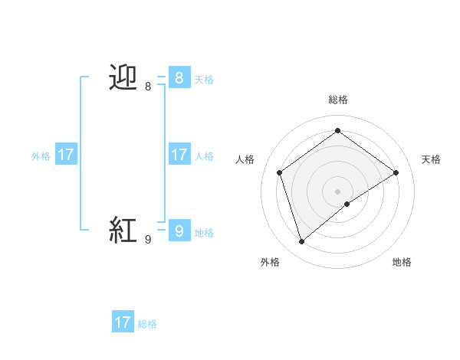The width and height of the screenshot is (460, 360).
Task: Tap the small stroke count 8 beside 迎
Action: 148,87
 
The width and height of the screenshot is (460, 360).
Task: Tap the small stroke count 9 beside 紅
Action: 148,240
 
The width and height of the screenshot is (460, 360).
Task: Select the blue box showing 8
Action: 179,77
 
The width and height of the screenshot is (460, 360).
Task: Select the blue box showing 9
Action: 179,230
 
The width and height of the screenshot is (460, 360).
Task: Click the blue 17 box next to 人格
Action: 179,155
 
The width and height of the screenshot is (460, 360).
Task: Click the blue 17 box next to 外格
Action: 66,155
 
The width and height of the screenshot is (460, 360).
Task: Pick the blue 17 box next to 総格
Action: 123,322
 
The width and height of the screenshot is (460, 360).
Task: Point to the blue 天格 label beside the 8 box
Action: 204,80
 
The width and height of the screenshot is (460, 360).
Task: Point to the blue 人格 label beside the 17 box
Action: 204,156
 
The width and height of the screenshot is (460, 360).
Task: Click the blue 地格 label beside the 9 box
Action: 204,233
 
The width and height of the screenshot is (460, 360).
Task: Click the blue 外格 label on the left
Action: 41,156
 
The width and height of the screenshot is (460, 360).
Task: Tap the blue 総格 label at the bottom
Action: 147,324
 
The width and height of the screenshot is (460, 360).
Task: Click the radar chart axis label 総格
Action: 338,100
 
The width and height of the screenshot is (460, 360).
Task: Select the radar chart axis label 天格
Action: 432,159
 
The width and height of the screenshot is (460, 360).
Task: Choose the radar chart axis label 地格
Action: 402,262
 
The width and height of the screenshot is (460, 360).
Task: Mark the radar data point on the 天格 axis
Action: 396,172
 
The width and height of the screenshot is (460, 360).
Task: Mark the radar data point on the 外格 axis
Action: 302,242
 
